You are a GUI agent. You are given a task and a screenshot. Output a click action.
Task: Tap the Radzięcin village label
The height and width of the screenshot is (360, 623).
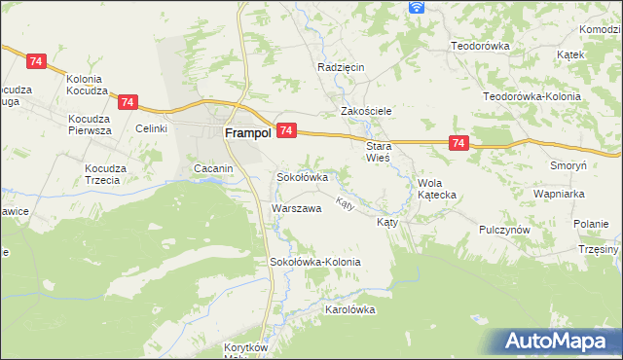point(340,67)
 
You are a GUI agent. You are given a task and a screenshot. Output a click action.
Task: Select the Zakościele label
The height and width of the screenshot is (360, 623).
point(365,111)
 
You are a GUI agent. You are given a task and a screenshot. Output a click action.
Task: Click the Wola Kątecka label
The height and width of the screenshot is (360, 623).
point(436,188)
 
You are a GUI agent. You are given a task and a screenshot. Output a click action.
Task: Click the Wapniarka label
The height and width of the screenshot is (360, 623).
point(558,194)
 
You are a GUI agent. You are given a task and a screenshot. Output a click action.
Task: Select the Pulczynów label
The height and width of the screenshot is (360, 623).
point(503,230)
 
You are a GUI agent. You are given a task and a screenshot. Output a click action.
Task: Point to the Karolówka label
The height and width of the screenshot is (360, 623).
point(349,309)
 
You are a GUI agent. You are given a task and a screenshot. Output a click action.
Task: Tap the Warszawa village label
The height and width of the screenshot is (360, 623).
point(296,209)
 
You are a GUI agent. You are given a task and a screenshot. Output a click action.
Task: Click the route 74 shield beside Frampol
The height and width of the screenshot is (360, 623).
point(286,129)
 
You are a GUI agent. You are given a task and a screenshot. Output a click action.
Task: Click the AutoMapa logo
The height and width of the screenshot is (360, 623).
point(560,342)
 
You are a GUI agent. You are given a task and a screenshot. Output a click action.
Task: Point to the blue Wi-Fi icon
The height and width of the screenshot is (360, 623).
point(417,7)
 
